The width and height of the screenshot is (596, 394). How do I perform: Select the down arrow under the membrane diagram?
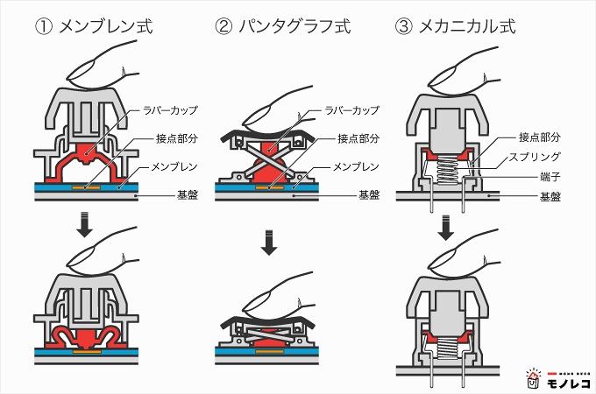pyautogui.click(x=83, y=227)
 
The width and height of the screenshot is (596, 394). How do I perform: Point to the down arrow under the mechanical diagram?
pyautogui.click(x=447, y=227)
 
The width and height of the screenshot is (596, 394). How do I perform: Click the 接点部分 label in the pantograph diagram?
pyautogui.click(x=358, y=138)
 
